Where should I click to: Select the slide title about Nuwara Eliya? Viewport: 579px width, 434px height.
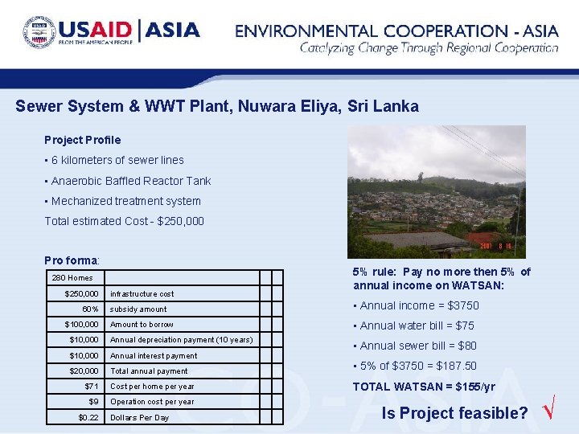[x=217, y=106]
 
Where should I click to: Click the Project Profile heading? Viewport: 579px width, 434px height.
[x=82, y=140]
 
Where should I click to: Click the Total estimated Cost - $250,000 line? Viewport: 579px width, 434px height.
[x=124, y=221]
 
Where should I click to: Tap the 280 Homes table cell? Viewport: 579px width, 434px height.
[x=72, y=278]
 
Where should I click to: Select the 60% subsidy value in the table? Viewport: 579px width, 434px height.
[x=90, y=309]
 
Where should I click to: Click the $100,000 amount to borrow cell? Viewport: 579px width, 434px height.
[x=81, y=325]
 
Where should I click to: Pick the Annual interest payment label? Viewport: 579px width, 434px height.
[x=154, y=356]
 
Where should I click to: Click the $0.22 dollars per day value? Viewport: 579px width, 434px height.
[x=88, y=418]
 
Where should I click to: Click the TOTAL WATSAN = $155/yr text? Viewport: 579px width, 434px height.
[x=424, y=387]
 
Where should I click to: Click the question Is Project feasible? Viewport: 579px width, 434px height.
[x=454, y=414]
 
